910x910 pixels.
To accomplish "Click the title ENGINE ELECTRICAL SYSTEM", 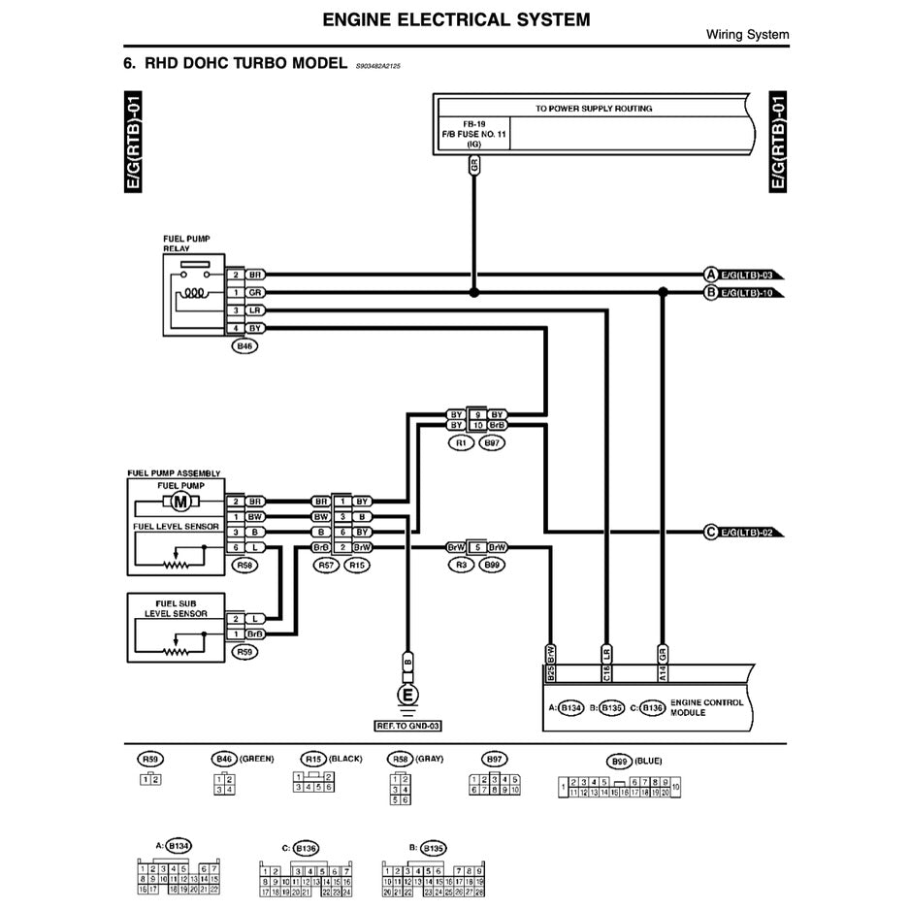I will pos(455,19).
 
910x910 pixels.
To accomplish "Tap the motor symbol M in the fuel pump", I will pos(179,502).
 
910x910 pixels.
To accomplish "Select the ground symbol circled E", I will pos(407,694).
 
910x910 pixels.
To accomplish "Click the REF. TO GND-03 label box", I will pos(407,725).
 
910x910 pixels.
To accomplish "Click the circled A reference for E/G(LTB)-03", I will pos(710,275).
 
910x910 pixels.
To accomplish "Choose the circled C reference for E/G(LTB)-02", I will pos(710,532).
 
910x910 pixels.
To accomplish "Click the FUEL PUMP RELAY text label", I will pos(186,243).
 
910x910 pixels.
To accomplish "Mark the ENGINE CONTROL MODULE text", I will pos(706,706).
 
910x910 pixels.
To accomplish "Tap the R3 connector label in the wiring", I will pos(461,564).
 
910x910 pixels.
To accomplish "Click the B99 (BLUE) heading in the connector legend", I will pos(634,761).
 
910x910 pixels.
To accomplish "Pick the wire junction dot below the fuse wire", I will pos(473,292).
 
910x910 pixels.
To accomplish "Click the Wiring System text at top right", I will pos(746,35).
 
